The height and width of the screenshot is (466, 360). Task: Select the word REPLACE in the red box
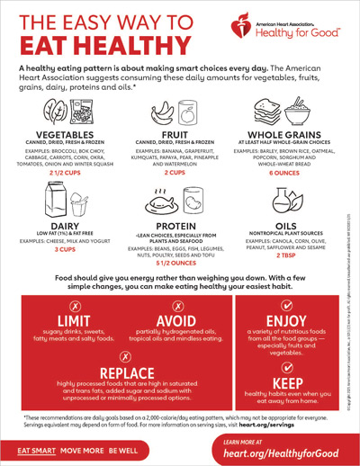(122, 372)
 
